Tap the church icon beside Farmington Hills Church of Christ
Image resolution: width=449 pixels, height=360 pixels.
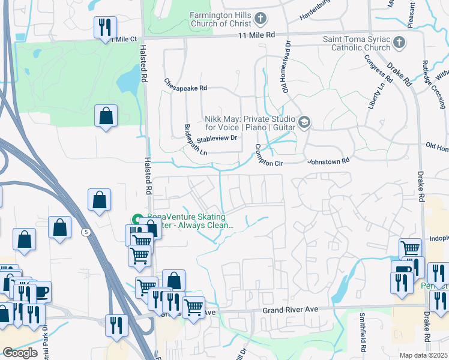pyautogui.click(x=261, y=19)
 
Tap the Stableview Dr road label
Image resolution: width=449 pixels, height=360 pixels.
pyautogui.click(x=218, y=137)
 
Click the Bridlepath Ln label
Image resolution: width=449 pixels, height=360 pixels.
pyautogui.click(x=195, y=140)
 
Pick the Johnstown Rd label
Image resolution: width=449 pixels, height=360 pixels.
pyautogui.click(x=328, y=161)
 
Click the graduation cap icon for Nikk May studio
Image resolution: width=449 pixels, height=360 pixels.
pyautogui.click(x=304, y=123)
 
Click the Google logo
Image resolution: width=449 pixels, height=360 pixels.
pyautogui.click(x=20, y=353)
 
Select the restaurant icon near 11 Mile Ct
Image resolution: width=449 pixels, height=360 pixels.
pyautogui.click(x=105, y=27)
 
